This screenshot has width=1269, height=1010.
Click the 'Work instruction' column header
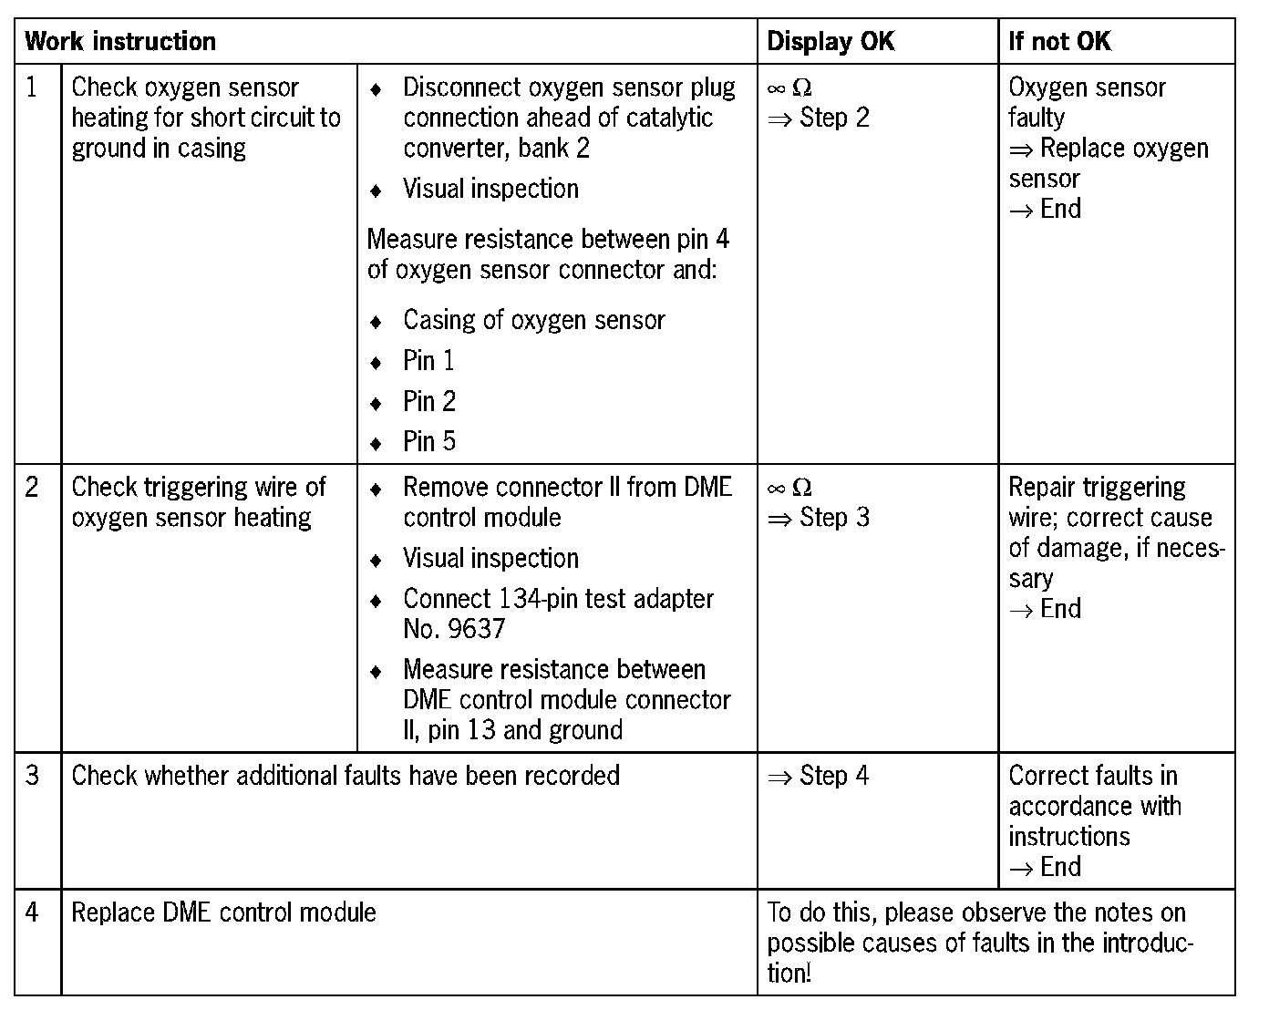click(x=120, y=42)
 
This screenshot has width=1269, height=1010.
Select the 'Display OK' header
click(x=831, y=42)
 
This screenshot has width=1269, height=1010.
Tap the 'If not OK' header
click(x=1059, y=42)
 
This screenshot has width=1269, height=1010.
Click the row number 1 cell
click(x=33, y=88)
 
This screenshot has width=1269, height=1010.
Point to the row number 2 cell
click(x=33, y=488)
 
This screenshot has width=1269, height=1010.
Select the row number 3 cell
click(x=33, y=776)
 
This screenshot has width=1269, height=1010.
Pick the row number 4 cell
click(x=33, y=912)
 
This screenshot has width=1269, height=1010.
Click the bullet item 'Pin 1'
click(x=428, y=361)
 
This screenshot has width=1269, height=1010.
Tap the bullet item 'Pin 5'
click(x=429, y=442)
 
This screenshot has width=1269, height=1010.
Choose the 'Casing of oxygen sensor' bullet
click(x=533, y=320)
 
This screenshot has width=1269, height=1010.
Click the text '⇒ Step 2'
click(x=819, y=118)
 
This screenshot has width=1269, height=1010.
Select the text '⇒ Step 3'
click(x=819, y=518)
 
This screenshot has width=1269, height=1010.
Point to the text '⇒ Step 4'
click(x=819, y=776)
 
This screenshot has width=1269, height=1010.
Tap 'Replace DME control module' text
click(x=223, y=912)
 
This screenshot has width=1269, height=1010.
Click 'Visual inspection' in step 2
click(x=490, y=558)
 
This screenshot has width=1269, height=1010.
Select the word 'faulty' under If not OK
click(x=1037, y=118)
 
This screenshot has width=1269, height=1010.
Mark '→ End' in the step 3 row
click(x=1045, y=867)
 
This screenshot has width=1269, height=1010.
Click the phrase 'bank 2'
click(x=554, y=148)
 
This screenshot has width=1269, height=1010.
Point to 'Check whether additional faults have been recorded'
click(x=346, y=776)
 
